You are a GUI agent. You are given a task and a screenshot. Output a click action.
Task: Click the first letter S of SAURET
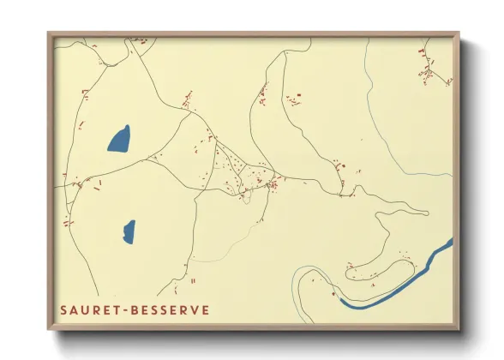click(x=63, y=309)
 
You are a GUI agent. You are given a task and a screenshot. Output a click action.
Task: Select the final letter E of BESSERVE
click(x=205, y=309)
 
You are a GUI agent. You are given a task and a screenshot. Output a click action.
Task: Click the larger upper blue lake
click(x=119, y=138)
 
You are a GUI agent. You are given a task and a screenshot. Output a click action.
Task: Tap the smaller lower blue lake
click(x=129, y=230)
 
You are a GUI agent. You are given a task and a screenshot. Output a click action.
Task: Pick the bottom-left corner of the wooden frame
click(x=49, y=330)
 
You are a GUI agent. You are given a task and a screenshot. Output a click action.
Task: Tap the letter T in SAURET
click(x=118, y=309)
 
